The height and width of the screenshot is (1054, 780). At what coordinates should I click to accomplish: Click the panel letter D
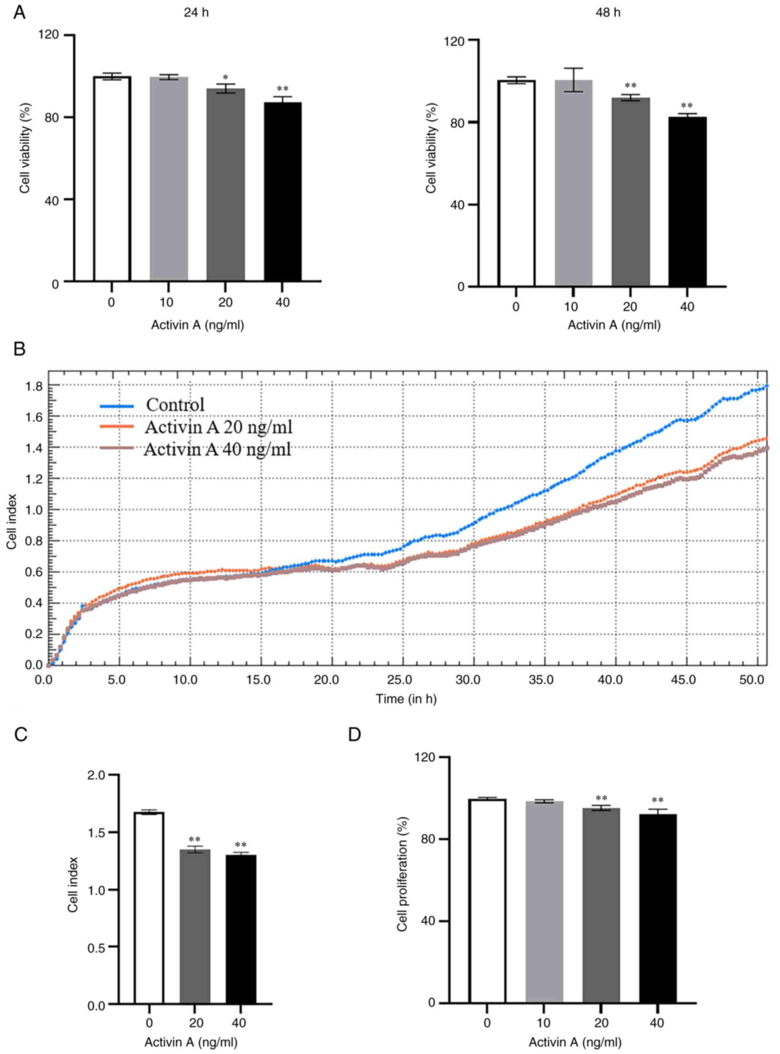pos(355,734)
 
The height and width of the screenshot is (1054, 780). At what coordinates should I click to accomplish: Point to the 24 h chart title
pos(197,13)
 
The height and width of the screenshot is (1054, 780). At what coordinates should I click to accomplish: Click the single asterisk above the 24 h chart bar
pos(226,78)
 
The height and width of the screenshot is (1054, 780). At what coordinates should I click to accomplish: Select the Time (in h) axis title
pos(406,699)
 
